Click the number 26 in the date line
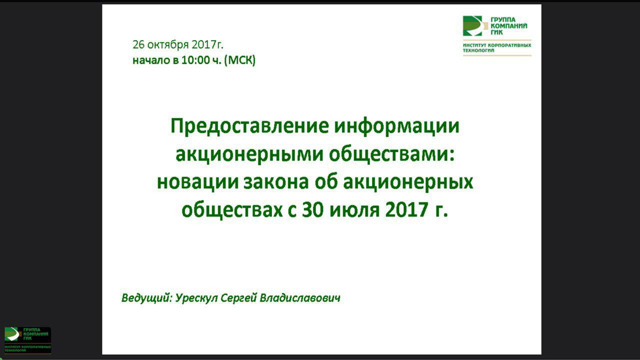pos(138,44)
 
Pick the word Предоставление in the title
pos(249,126)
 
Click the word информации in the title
pos(397,126)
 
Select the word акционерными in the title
pos(248,154)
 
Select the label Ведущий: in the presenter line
pos(146,298)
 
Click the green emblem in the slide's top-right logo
pos(472,26)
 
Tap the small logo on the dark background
pos(28,340)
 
